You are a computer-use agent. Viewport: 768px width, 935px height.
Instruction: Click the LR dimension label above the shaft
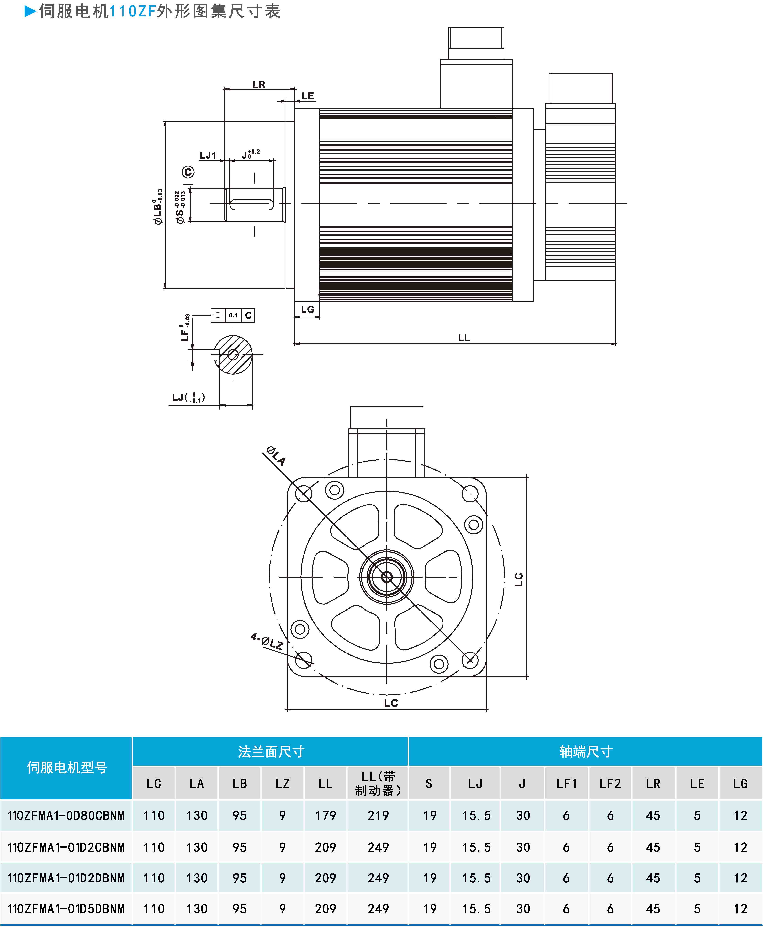(259, 84)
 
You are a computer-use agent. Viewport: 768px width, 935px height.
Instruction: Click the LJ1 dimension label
(208, 155)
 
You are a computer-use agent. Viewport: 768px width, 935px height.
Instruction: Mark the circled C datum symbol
(188, 172)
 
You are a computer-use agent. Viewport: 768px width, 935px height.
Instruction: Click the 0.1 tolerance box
(233, 315)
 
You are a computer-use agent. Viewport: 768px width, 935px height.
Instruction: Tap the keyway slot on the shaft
(252, 204)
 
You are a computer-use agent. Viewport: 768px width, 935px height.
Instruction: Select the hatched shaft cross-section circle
(233, 355)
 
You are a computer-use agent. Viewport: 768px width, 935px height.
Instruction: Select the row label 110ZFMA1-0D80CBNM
(66, 815)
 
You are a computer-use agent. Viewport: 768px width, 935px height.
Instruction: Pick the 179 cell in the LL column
(326, 815)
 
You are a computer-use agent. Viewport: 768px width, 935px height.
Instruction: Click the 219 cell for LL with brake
(378, 815)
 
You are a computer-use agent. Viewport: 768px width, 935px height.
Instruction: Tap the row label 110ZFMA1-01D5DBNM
(66, 909)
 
